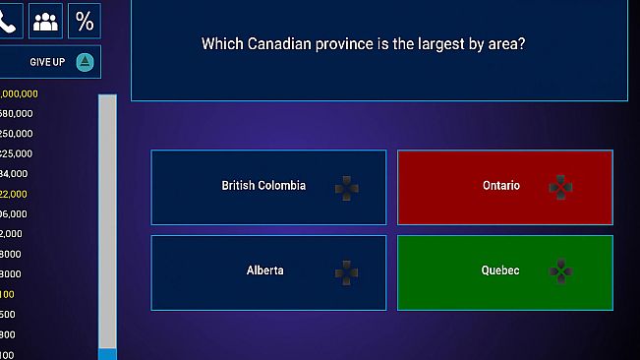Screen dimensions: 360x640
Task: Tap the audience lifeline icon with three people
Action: pyautogui.click(x=45, y=21)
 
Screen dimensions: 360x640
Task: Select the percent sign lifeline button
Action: pyautogui.click(x=85, y=21)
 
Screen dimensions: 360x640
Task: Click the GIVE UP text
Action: pyautogui.click(x=46, y=62)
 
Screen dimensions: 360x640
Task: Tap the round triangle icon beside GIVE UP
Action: pyautogui.click(x=86, y=62)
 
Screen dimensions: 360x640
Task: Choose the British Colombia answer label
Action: pyautogui.click(x=263, y=186)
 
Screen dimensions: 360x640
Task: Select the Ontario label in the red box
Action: pyautogui.click(x=501, y=186)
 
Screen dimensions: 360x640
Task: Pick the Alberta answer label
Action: pyautogui.click(x=264, y=270)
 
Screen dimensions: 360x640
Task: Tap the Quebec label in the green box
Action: pyautogui.click(x=500, y=270)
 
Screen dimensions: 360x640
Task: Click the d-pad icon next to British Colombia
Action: pyautogui.click(x=346, y=187)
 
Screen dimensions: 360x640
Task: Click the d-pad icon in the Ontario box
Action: pyautogui.click(x=560, y=187)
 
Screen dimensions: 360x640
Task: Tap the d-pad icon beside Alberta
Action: pyautogui.click(x=346, y=271)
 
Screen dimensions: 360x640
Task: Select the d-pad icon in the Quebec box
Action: pyautogui.click(x=560, y=271)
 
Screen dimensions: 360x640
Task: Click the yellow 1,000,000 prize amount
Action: pyautogui.click(x=19, y=93)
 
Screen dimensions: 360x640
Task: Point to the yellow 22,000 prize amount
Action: pyautogui.click(x=15, y=194)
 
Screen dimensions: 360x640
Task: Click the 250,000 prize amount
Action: pyautogui.click(x=16, y=134)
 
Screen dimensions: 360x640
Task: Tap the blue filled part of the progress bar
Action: pyautogui.click(x=107, y=354)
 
